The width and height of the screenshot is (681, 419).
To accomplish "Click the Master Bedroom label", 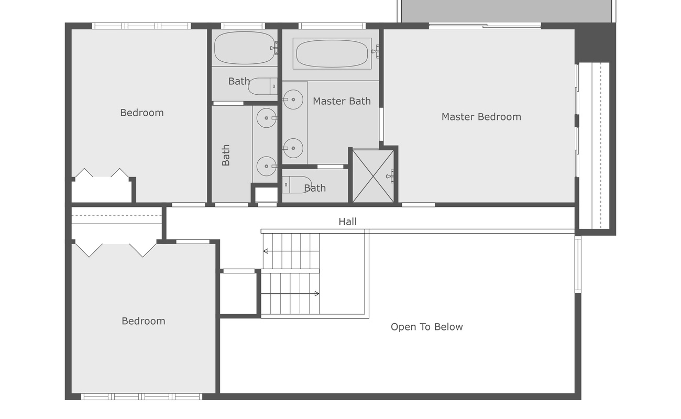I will coord(481,117).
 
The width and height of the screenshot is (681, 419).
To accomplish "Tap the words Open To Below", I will coord(426,327).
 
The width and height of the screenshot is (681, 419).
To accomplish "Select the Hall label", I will coord(347,222).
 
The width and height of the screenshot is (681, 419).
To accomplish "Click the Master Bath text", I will coord(342,101).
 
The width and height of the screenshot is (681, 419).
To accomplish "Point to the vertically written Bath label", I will coord(226,155).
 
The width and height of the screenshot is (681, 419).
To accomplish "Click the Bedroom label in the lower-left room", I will coord(143,321).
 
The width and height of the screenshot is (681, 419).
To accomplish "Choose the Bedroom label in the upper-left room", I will coord(141,113).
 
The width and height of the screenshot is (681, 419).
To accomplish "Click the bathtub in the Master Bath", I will coord(332,53).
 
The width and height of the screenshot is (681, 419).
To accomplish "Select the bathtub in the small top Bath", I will coord(244,48).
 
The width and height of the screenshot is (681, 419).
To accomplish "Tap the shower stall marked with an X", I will coord(373,176).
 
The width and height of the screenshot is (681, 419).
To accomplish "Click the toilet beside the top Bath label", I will coord(262,86).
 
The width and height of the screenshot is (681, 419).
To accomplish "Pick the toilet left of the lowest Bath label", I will coord(296,185).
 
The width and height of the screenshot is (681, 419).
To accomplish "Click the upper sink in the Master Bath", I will coord(292,99).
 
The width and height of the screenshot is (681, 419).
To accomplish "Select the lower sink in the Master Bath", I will coord(292,148).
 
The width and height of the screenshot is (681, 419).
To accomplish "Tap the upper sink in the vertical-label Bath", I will coord(266,118).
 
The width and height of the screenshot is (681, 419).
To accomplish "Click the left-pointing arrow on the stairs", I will coord(266,251).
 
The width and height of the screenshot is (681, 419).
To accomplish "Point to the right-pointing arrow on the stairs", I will coord(316,294).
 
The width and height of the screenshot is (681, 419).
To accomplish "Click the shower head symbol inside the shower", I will coord(390,177).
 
